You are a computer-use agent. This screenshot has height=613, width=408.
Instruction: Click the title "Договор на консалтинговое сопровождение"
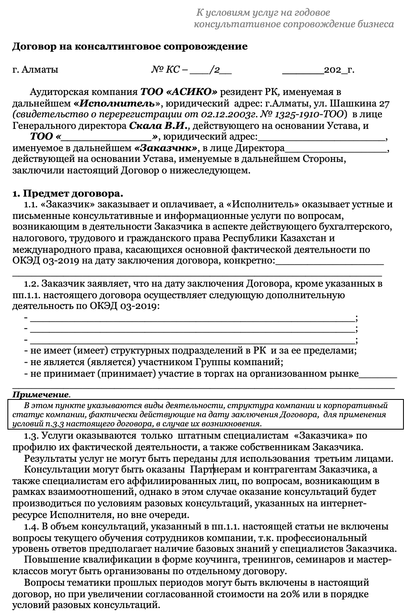point(130,46)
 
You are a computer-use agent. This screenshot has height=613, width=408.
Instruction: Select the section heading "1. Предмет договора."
point(68,193)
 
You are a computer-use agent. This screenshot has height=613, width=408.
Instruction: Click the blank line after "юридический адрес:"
point(322,137)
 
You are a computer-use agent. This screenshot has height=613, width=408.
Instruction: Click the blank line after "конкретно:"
point(330,261)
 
